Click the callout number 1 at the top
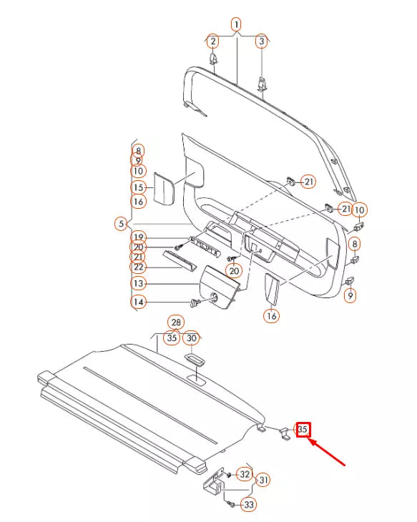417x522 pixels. (236, 25)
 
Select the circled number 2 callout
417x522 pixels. (212, 41)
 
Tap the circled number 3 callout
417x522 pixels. (262, 41)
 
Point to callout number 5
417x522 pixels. (121, 224)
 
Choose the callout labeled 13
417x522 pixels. (138, 284)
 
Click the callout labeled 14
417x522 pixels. (138, 302)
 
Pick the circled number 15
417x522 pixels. (138, 187)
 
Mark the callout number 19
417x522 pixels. (138, 237)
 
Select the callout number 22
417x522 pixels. (138, 267)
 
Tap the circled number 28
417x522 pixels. (175, 323)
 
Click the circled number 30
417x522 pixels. (191, 338)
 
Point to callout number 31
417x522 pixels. (263, 479)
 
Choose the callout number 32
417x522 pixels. (244, 473)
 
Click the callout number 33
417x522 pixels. (248, 505)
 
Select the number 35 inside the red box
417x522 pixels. (304, 429)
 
